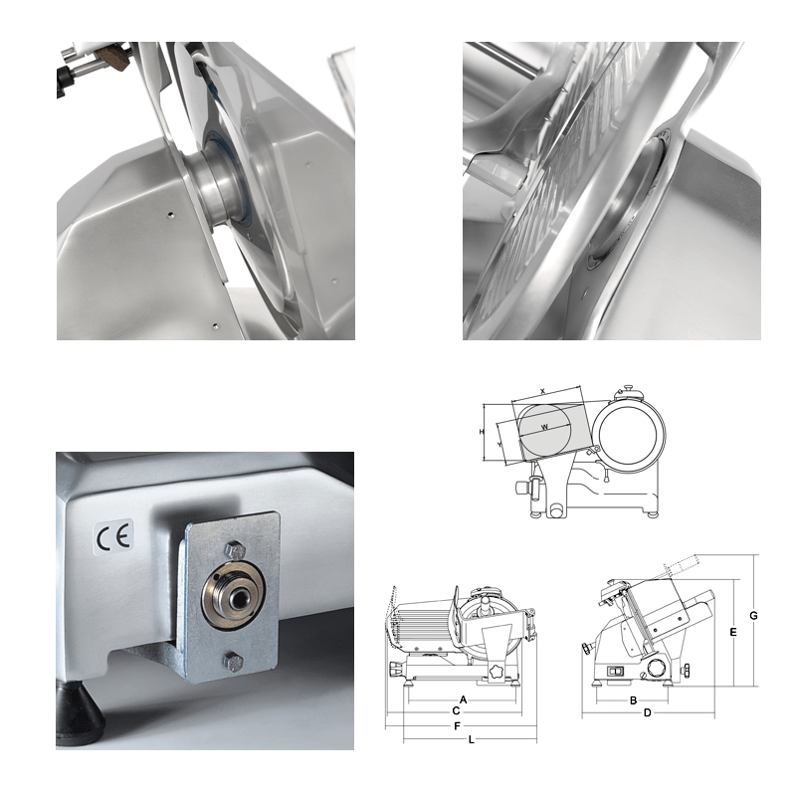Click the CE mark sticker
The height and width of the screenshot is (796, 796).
tap(114, 537)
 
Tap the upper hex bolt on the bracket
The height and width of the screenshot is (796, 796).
tap(234, 550)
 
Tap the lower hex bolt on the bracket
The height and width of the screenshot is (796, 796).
tap(233, 662)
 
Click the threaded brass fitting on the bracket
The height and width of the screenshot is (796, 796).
tap(234, 595)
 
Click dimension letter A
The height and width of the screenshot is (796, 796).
tap(463, 700)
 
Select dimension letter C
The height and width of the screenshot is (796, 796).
tap(456, 711)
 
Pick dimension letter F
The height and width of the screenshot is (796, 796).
tap(458, 726)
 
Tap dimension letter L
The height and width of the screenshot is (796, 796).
tap(471, 739)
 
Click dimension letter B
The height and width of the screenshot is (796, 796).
tap(633, 700)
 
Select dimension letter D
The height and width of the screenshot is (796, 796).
tap(648, 712)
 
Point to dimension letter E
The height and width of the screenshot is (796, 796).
tap(733, 632)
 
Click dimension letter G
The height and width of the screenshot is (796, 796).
tap(753, 615)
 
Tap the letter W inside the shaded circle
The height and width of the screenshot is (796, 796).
tap(544, 427)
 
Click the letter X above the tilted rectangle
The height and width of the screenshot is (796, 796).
tap(542, 391)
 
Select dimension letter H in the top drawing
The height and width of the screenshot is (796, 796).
tap(482, 432)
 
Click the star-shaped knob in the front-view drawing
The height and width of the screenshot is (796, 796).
tap(496, 671)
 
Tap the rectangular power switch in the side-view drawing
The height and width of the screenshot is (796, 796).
tap(615, 671)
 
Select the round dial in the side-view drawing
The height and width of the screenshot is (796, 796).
tap(657, 667)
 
